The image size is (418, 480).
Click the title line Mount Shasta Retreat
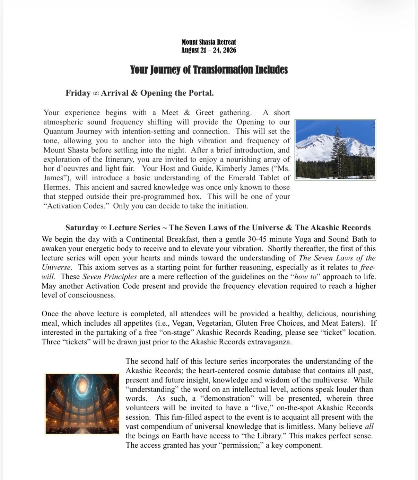pos(209,42)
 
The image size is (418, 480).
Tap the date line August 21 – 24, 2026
pos(209,50)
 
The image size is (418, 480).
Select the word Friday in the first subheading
pos(78,93)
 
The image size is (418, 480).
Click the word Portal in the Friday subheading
pos(200,93)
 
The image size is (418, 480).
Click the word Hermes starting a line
pos(57,187)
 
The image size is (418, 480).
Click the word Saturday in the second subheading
pos(82,228)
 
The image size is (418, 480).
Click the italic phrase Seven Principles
pos(110,277)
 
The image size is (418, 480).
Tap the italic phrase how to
pos(305,277)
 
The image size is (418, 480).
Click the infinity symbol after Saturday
pos(104,228)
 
